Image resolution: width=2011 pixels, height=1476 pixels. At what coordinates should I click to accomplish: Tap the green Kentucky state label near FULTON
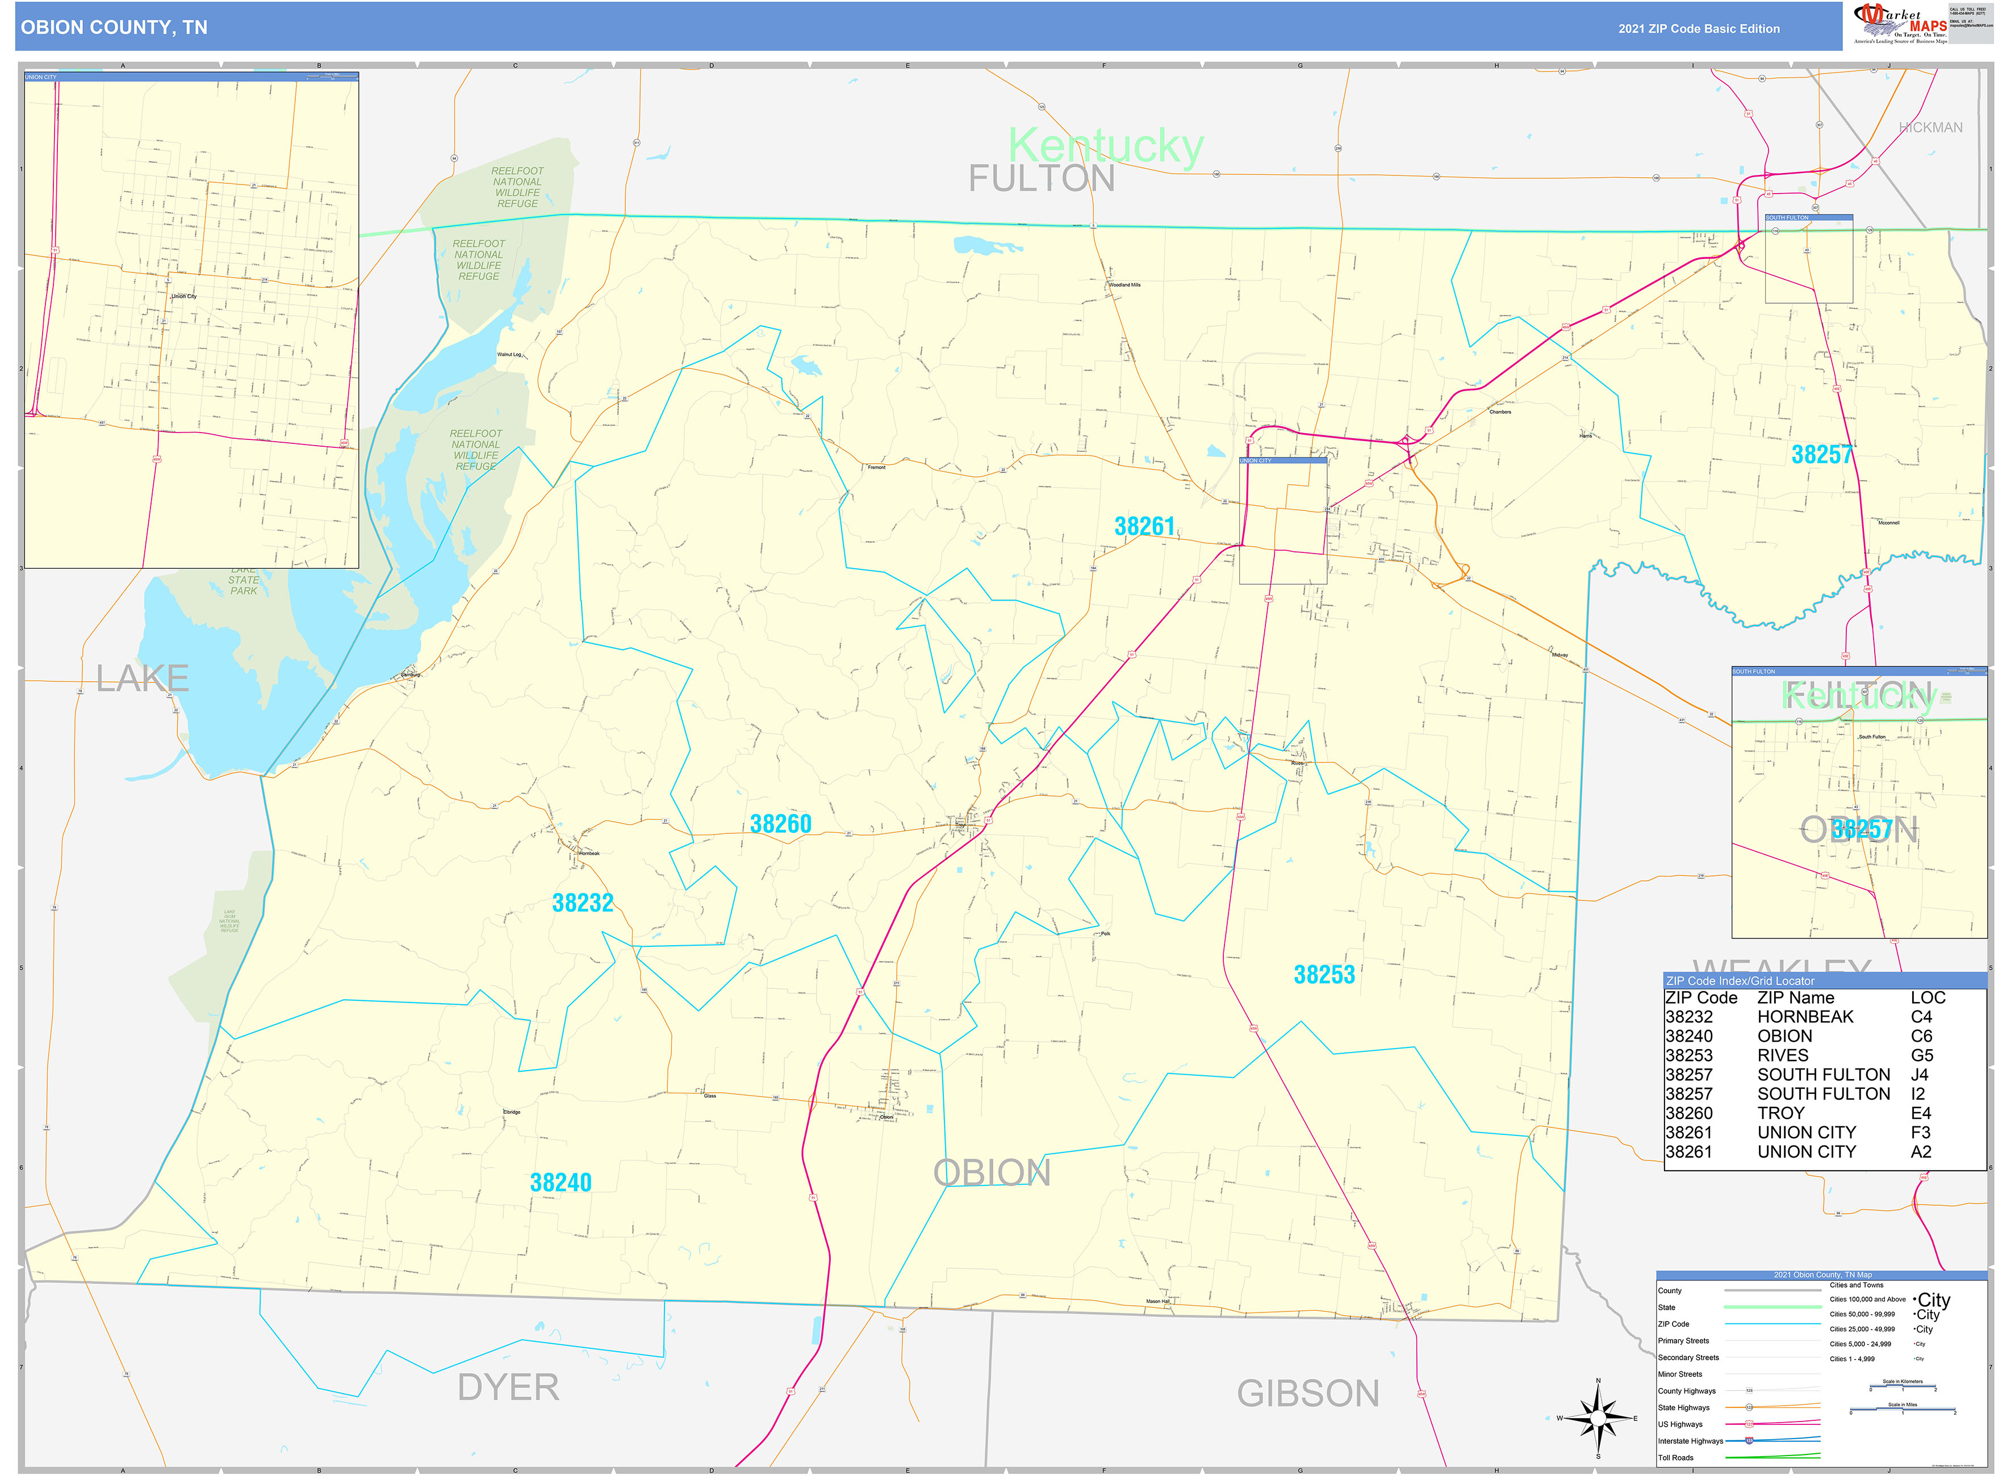tap(1106, 146)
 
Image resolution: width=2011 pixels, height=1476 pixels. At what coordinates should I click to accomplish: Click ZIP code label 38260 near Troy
tap(780, 824)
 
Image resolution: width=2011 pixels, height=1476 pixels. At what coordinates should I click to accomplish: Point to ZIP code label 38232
tap(583, 903)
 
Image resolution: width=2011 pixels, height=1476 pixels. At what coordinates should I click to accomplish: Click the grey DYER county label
tap(508, 1387)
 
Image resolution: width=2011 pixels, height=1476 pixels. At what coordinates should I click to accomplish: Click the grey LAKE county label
tap(142, 679)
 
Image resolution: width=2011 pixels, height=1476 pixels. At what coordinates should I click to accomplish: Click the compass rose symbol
tap(1598, 1418)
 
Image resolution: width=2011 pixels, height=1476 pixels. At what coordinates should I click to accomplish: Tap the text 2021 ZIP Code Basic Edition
tap(1698, 28)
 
